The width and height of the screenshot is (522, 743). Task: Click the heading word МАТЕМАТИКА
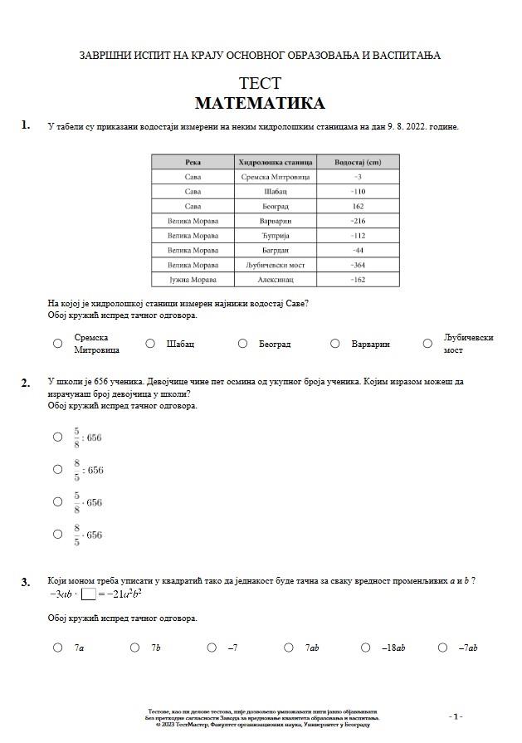(x=260, y=104)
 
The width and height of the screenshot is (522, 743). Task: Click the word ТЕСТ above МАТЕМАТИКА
(x=260, y=84)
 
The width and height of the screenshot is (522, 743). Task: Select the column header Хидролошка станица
(x=275, y=163)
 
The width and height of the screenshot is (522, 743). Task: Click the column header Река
(x=193, y=163)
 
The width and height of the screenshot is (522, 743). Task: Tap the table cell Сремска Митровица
(x=275, y=178)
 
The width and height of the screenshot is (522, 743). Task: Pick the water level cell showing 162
(x=358, y=207)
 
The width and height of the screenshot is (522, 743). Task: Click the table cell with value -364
(x=358, y=266)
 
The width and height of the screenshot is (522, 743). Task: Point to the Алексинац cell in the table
(x=275, y=281)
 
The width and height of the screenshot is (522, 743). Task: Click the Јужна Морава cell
(x=193, y=281)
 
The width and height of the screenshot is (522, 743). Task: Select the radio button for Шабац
(x=150, y=344)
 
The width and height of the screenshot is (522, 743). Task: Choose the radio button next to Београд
(x=242, y=344)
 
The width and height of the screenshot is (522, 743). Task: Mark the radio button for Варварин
(x=334, y=344)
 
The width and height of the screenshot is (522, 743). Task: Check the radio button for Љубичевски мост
(x=427, y=344)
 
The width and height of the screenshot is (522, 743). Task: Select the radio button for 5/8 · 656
(x=57, y=502)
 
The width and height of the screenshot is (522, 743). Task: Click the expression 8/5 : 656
(x=88, y=470)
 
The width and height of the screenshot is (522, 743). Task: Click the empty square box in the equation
(x=89, y=594)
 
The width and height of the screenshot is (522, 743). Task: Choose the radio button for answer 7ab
(x=289, y=648)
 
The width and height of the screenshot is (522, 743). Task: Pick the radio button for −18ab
(x=366, y=648)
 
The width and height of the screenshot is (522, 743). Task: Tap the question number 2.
(x=26, y=383)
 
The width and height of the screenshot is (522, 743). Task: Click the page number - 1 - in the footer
(x=456, y=716)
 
